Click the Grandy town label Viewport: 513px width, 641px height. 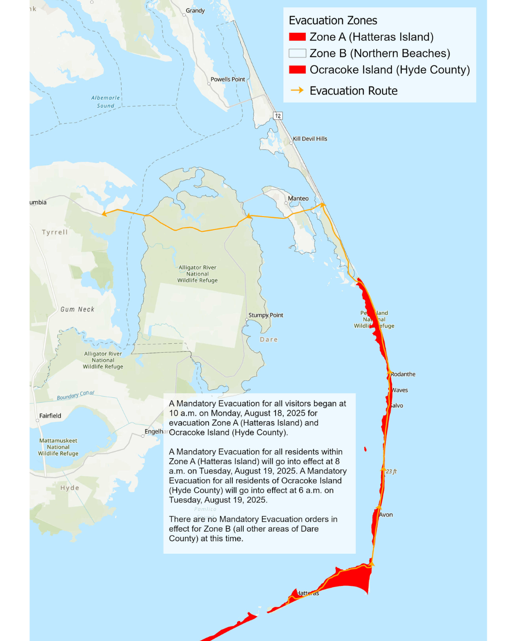[x=195, y=10]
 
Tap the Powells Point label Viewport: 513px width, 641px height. [x=228, y=79]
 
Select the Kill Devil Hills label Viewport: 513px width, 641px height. [x=310, y=139]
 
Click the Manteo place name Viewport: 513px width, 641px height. [x=298, y=198]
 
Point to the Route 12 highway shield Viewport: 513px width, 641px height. [x=278, y=116]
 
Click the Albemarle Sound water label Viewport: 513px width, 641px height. [x=105, y=102]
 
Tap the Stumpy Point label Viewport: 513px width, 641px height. [x=266, y=315]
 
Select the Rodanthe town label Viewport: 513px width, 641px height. [x=403, y=374]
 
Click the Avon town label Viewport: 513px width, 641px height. [x=386, y=515]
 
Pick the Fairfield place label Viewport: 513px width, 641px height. [x=50, y=416]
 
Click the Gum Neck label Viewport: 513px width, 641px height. [x=77, y=310]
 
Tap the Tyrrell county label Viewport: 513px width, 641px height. [x=55, y=232]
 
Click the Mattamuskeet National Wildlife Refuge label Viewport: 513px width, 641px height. [x=58, y=447]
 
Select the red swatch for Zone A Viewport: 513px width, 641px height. [x=297, y=37]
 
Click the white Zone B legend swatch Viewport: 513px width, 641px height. [x=297, y=53]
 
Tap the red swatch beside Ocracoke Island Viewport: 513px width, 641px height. [x=297, y=70]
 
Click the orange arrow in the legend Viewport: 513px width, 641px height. [x=297, y=90]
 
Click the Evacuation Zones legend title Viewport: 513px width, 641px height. [x=333, y=20]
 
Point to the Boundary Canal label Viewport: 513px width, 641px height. [x=76, y=396]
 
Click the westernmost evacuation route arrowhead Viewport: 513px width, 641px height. [x=104, y=214]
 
